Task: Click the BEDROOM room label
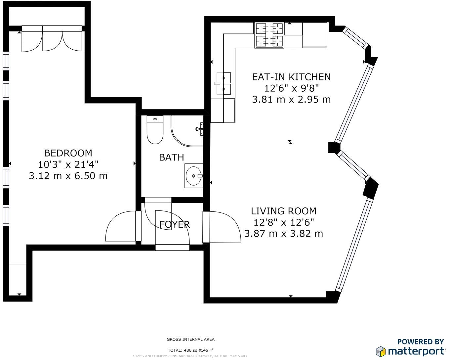click(x=68, y=153)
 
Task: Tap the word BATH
click(x=172, y=157)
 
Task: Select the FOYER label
click(x=175, y=225)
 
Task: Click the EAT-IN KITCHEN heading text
click(x=292, y=77)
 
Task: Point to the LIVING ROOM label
click(x=284, y=211)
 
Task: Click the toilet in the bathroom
click(x=155, y=130)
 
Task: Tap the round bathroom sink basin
click(x=194, y=176)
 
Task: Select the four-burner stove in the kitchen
click(x=269, y=35)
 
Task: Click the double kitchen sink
click(x=223, y=83)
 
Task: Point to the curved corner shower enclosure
click(x=187, y=131)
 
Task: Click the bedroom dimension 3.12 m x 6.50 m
click(x=68, y=176)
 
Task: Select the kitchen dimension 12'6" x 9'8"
click(x=292, y=88)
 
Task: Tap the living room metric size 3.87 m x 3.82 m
click(x=284, y=234)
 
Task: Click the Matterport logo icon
click(x=381, y=352)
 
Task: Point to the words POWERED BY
click(x=420, y=342)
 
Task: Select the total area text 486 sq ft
click(x=192, y=350)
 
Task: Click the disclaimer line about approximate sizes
click(x=191, y=356)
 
